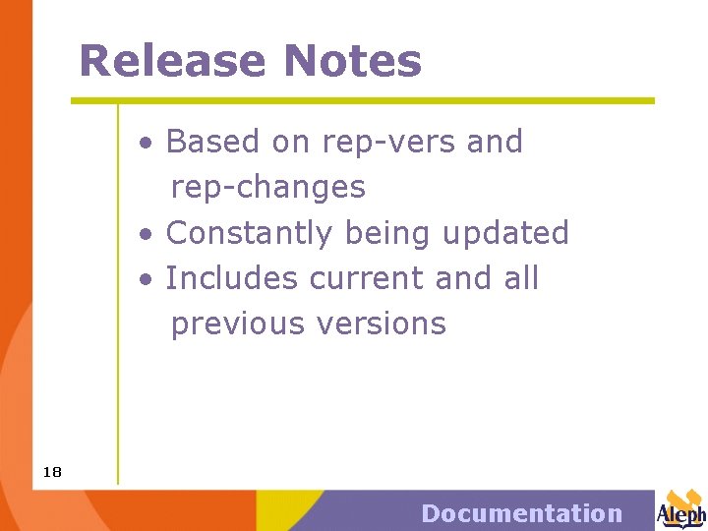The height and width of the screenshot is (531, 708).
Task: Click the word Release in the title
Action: [173, 61]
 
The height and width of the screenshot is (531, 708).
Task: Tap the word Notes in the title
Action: [352, 61]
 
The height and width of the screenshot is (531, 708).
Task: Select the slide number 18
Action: [52, 473]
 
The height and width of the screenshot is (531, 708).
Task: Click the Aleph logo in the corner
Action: [681, 508]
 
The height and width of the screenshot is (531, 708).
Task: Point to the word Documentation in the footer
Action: [521, 513]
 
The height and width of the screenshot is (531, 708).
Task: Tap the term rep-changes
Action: [267, 188]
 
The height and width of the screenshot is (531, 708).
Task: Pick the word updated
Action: [505, 233]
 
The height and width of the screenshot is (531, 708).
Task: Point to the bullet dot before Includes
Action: [146, 280]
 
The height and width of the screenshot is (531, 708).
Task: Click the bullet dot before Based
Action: [146, 144]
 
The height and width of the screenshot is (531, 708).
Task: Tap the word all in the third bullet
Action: [521, 278]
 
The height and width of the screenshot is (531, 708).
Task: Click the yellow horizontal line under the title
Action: [362, 100]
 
